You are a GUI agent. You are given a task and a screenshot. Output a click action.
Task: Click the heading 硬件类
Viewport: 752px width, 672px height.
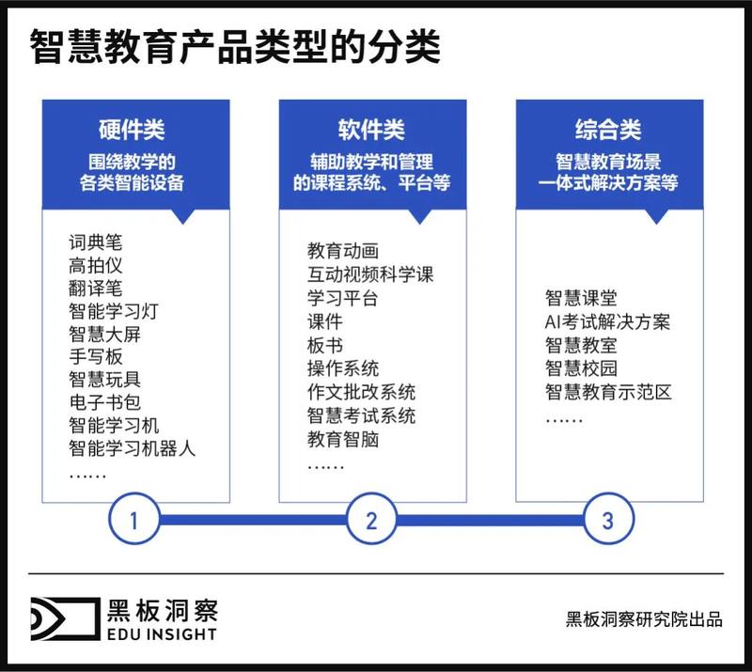pos(132,130)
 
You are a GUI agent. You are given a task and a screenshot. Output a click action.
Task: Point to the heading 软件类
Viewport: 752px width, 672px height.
pos(371,130)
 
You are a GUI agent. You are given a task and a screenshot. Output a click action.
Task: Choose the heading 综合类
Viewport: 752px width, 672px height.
pos(608,130)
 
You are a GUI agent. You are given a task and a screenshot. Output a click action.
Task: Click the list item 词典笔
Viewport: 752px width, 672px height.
pos(96,242)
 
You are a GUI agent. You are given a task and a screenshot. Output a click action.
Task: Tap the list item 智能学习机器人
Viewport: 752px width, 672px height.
pos(132,448)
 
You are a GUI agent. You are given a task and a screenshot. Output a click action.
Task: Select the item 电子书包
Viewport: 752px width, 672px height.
pos(104,402)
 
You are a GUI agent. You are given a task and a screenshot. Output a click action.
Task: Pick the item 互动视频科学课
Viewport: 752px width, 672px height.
pos(370,274)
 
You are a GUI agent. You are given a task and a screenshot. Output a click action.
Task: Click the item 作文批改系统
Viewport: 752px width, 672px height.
pos(361,392)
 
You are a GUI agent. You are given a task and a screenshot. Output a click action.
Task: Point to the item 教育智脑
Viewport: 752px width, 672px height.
pos(343,439)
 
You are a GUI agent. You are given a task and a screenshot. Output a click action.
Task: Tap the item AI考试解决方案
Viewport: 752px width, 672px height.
pos(607,321)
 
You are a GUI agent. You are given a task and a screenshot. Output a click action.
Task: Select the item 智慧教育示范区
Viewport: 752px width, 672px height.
pos(608,392)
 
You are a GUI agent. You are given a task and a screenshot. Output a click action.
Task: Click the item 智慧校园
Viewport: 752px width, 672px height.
pos(581,368)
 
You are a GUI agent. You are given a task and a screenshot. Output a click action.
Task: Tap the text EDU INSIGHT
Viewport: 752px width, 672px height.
pos(162,634)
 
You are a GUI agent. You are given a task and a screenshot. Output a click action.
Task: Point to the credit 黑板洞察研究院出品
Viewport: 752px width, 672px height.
pos(644,619)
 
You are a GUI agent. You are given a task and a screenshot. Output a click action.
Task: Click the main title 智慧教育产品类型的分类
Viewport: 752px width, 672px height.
pos(235,47)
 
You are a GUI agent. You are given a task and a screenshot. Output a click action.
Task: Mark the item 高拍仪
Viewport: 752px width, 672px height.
pos(96,265)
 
